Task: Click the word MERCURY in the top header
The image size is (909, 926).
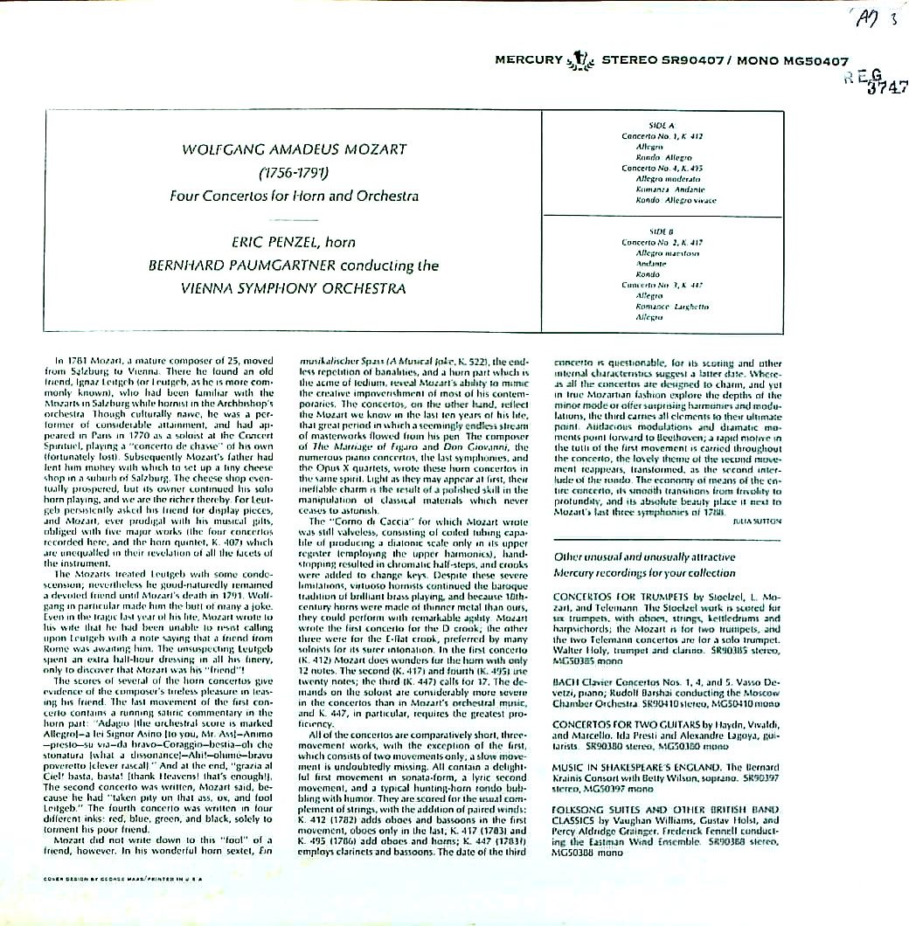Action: pyautogui.click(x=529, y=60)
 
